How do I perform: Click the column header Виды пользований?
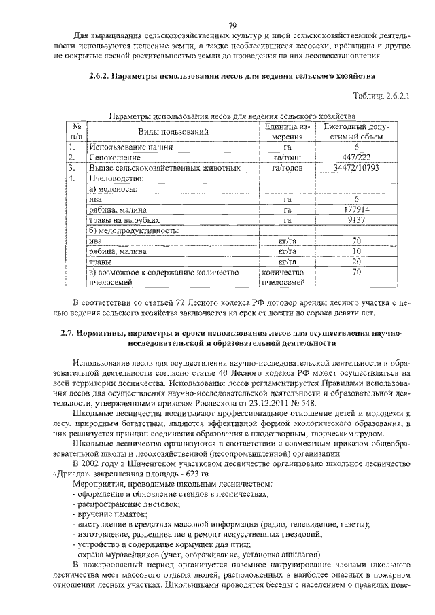[173, 130]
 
